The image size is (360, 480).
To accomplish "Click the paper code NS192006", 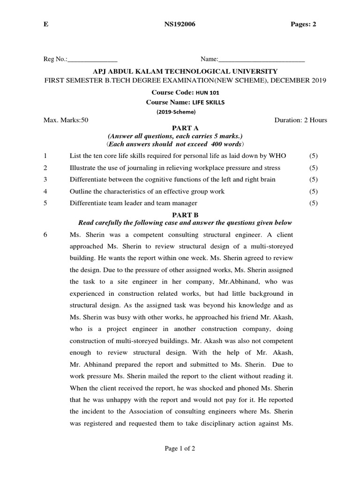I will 180,25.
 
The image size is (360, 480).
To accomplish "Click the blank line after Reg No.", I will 93,60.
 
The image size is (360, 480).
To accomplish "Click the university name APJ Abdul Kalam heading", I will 185,71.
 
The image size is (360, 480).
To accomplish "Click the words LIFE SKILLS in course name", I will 209,102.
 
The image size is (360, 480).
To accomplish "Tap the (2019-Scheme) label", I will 175,112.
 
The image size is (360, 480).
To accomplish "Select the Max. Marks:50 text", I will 66,120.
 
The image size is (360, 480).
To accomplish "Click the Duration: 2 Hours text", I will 300,120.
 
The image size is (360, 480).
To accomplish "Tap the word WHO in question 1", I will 277,156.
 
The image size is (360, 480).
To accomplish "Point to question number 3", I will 45,180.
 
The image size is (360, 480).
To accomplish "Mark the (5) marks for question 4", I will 313,191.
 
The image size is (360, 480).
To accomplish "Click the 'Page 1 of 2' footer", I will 180,449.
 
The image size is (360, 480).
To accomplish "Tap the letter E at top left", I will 45,25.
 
